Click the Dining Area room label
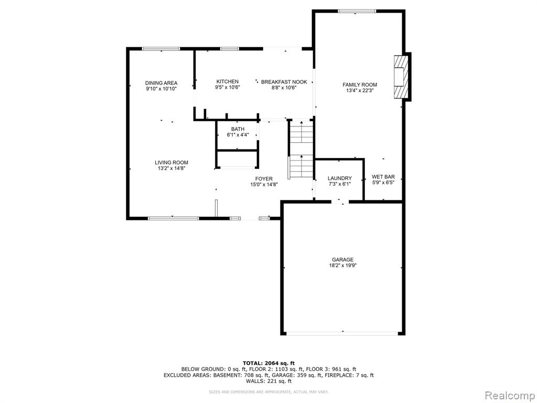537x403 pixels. click(x=161, y=83)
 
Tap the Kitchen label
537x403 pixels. click(x=228, y=81)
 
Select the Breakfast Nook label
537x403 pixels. click(x=284, y=82)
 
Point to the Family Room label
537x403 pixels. click(x=360, y=84)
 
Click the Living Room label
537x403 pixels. click(x=171, y=163)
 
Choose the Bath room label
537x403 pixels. click(x=238, y=129)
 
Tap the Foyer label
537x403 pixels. click(x=264, y=178)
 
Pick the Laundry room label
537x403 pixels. click(x=339, y=178)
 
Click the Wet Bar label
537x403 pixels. click(x=383, y=177)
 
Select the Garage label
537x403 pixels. click(x=342, y=260)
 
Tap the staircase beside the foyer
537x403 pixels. click(x=301, y=150)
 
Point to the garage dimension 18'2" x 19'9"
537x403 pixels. click(x=342, y=265)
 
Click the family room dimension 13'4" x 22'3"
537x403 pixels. click(x=360, y=90)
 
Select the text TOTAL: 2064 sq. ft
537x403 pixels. click(x=268, y=363)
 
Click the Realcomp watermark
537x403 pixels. click(x=510, y=396)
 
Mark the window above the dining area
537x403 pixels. click(x=161, y=49)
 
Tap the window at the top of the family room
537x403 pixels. click(x=357, y=12)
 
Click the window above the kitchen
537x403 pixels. click(x=230, y=49)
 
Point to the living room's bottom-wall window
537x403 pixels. click(x=173, y=218)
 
